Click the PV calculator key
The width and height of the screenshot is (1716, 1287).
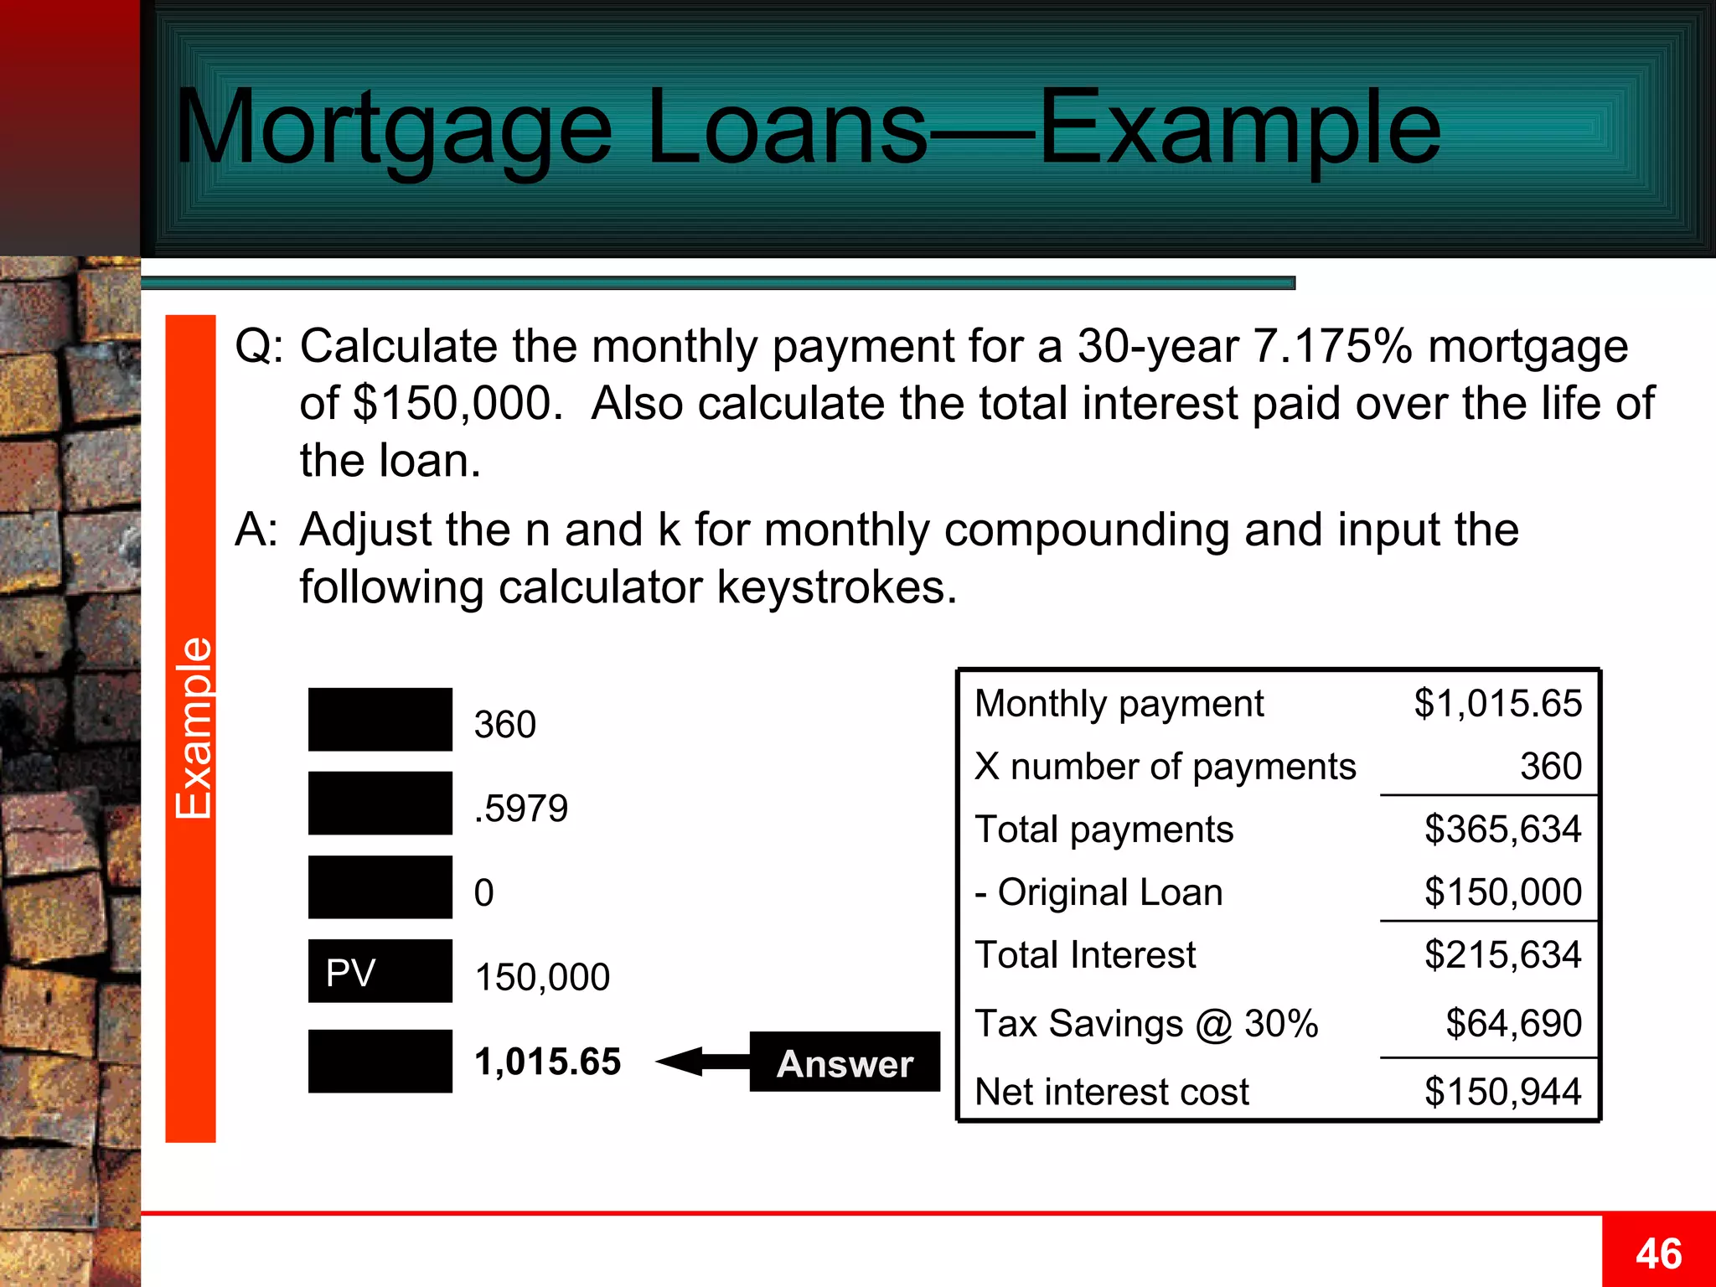click(380, 972)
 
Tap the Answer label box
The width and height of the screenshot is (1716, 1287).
click(845, 1062)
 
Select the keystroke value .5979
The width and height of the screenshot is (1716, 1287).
click(521, 809)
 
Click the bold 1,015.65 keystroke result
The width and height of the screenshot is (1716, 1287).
click(548, 1062)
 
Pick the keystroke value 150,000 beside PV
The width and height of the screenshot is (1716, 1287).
click(542, 977)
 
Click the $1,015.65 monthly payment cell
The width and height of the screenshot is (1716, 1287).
click(1497, 704)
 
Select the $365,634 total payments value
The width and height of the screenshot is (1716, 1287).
click(1502, 830)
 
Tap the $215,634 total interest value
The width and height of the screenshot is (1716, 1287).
click(1502, 955)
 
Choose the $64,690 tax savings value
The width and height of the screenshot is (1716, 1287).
click(1513, 1024)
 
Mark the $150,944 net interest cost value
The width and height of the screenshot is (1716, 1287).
click(1502, 1092)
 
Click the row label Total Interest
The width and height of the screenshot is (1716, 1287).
click(1085, 955)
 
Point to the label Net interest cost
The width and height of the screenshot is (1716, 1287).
click(1112, 1092)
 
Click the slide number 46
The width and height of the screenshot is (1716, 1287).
click(1658, 1253)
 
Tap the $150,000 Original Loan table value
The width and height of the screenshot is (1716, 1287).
click(1502, 892)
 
